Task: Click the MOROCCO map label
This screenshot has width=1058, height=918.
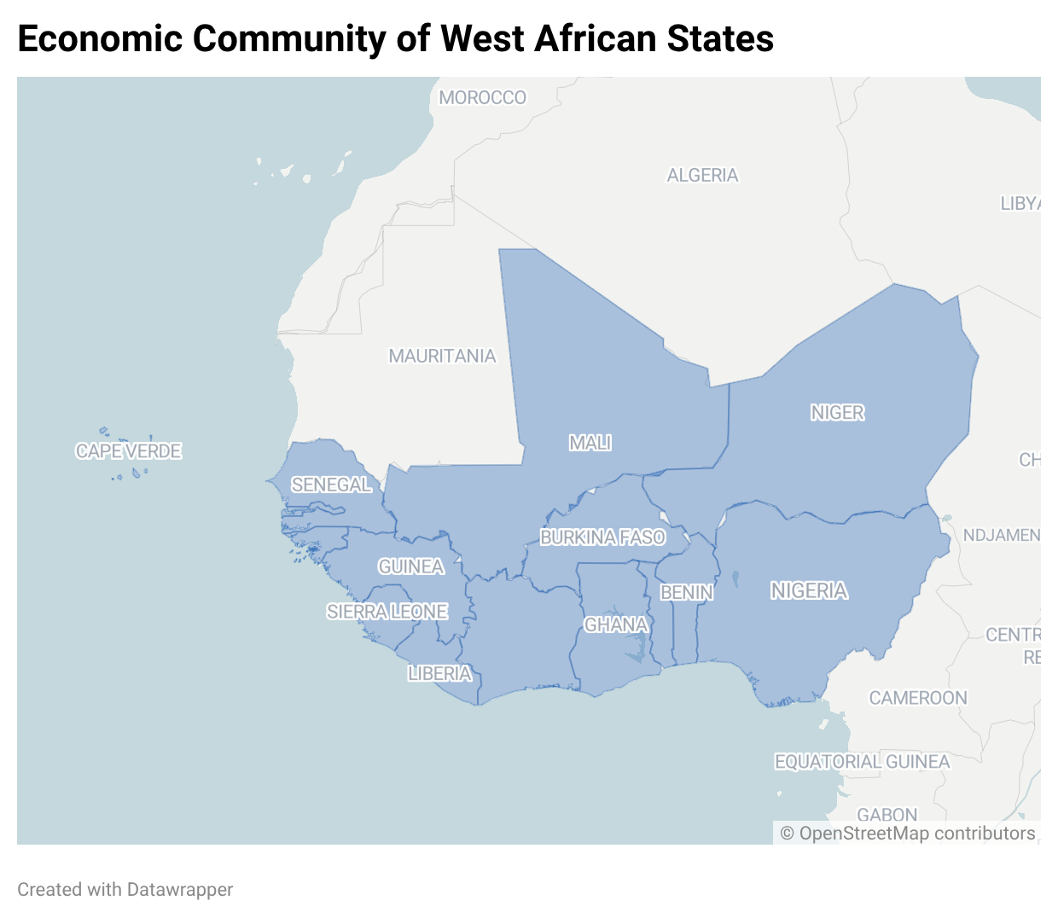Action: (482, 98)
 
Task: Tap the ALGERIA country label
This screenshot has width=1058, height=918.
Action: (702, 176)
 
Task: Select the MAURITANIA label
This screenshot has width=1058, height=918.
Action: (442, 357)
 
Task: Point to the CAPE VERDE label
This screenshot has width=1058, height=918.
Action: (129, 451)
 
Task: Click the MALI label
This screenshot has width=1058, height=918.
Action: (590, 443)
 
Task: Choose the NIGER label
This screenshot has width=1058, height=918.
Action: (837, 413)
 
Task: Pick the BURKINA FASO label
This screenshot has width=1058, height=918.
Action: (602, 537)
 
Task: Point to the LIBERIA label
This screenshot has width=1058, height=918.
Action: (439, 674)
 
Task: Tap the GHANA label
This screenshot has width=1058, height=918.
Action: (616, 625)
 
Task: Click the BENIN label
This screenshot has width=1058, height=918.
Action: (687, 592)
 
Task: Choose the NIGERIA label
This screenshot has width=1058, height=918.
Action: (809, 591)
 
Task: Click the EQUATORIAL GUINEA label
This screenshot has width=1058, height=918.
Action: (862, 762)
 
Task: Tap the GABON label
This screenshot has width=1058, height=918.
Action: (887, 815)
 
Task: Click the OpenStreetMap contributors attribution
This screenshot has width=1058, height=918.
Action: (908, 834)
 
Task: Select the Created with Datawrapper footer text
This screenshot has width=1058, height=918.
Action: (125, 890)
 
